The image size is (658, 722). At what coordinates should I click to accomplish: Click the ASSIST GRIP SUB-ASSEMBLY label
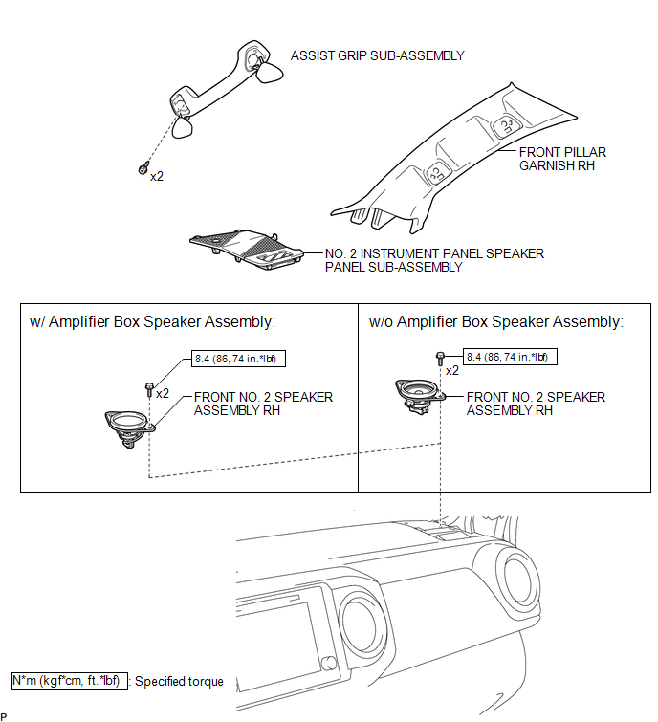coord(377,55)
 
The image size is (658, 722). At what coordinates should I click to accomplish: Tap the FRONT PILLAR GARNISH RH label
coord(562,159)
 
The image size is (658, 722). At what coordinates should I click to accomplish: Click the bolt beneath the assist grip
coord(143,169)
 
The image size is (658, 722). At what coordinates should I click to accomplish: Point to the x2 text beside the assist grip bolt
coord(158,176)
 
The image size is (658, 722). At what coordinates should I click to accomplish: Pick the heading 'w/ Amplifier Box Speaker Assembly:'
coord(153,322)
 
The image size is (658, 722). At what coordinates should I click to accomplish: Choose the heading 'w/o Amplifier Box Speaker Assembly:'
coord(495,322)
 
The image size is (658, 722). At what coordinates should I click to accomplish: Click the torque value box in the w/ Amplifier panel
coord(239,359)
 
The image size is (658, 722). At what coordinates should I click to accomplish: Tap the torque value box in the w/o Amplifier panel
coord(510,357)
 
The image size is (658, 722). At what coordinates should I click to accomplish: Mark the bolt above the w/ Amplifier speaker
coord(149,389)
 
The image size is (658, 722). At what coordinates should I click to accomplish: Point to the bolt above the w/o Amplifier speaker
coord(439,360)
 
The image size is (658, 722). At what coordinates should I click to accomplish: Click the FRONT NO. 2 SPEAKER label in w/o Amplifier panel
coord(536,404)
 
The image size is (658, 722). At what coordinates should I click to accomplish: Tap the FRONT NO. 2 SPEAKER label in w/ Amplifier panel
coord(263,404)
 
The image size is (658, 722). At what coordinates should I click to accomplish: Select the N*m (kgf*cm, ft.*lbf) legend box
coord(67,681)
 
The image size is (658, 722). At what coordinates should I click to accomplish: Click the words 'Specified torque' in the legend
coord(179,682)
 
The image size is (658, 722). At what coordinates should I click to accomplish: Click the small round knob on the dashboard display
coord(329,664)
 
